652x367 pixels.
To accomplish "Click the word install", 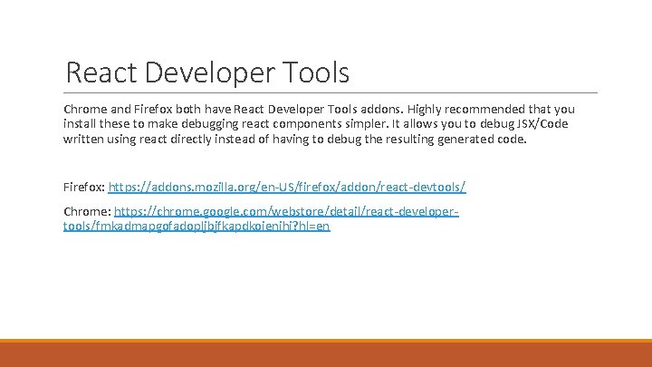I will (80, 124).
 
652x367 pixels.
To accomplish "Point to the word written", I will (84, 140).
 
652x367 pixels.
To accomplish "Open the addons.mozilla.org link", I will (287, 187).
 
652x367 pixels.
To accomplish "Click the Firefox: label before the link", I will (84, 187).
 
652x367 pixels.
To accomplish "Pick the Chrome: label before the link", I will (87, 210).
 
